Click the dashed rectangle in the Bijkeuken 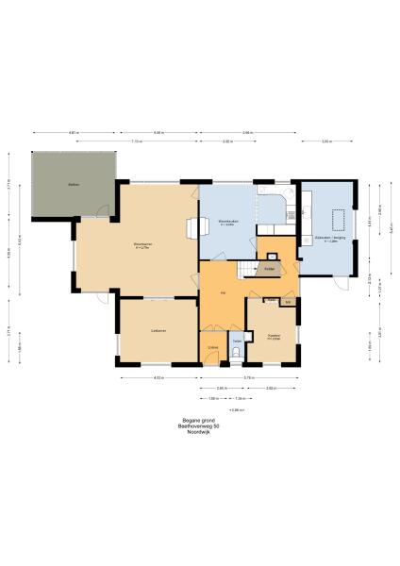click(337, 219)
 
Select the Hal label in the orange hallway click(223, 293)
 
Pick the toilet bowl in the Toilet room click(238, 355)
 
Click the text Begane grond click(199, 420)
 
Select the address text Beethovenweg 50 click(199, 425)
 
